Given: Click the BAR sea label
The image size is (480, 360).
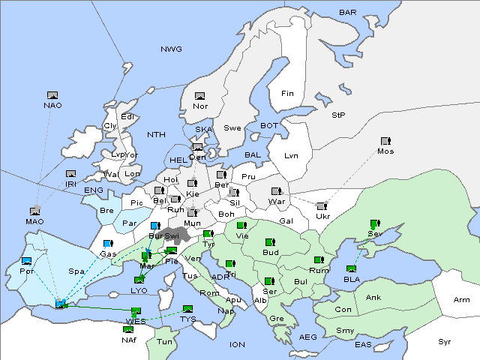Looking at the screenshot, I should pyautogui.click(x=348, y=13).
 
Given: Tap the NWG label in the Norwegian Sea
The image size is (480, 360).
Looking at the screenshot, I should pyautogui.click(x=171, y=49).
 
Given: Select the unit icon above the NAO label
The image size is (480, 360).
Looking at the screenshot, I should pyautogui.click(x=52, y=95).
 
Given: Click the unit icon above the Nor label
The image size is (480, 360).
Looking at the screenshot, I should pyautogui.click(x=199, y=96).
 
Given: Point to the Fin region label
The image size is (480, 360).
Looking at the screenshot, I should pyautogui.click(x=286, y=94).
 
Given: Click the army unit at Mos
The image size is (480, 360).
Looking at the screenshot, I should pyautogui.click(x=385, y=141).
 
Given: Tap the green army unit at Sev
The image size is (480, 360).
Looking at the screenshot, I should pyautogui.click(x=373, y=224).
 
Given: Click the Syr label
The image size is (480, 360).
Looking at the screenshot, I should pyautogui.click(x=445, y=341).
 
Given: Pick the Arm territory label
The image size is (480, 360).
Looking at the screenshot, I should pyautogui.click(x=462, y=300).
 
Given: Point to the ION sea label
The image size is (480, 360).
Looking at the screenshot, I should pyautogui.click(x=237, y=344).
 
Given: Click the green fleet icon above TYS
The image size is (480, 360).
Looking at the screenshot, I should pyautogui.click(x=187, y=309).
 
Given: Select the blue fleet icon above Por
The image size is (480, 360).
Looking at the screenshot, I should pyautogui.click(x=27, y=261).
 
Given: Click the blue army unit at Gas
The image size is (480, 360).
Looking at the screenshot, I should pyautogui.click(x=108, y=244).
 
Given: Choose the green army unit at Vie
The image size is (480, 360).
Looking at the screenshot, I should pyautogui.click(x=241, y=225).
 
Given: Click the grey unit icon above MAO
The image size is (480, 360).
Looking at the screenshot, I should pyautogui.click(x=34, y=211).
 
